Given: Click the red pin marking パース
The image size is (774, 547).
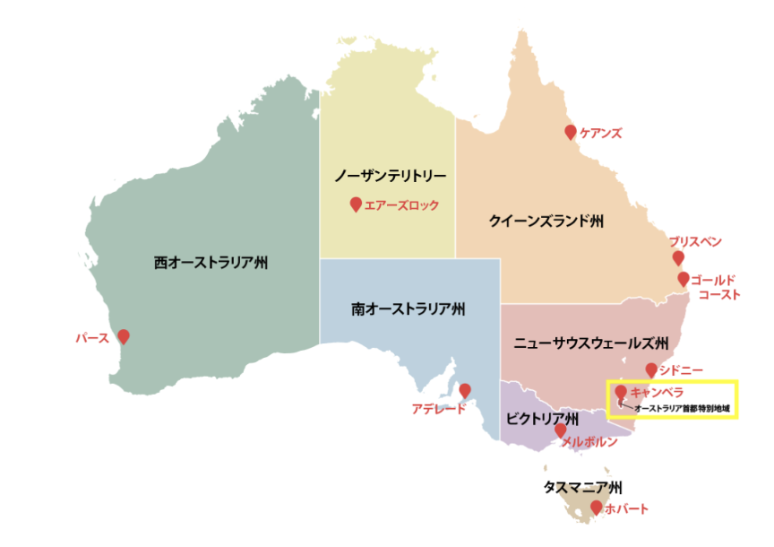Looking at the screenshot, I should tap(124, 336).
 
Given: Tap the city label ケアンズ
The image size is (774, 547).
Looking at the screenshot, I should tap(600, 133).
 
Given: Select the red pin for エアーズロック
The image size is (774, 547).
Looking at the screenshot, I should tap(356, 204).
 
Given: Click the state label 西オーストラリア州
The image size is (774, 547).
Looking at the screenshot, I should tap(211, 263).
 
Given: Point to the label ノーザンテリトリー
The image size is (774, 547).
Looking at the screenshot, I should tap(389, 174).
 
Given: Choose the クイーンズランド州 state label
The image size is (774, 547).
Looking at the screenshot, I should tap(546, 220).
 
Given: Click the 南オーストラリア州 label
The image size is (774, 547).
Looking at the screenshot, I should tap(408, 309).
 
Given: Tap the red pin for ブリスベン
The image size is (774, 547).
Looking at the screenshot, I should tap(678, 258).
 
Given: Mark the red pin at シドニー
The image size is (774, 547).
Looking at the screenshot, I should tap(651, 369).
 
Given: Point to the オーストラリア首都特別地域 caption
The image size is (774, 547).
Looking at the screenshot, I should tap(682, 409).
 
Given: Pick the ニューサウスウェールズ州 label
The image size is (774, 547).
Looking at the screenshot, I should tap(591, 343).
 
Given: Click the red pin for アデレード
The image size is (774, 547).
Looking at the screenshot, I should tap(465, 391).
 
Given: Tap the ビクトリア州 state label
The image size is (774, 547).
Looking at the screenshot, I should tap(542, 419).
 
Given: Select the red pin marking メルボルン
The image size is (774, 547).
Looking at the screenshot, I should tap(561, 430).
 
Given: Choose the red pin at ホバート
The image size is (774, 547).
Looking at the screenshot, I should tap(597, 508).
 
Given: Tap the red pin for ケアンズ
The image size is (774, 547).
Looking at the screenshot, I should tap(571, 132).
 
